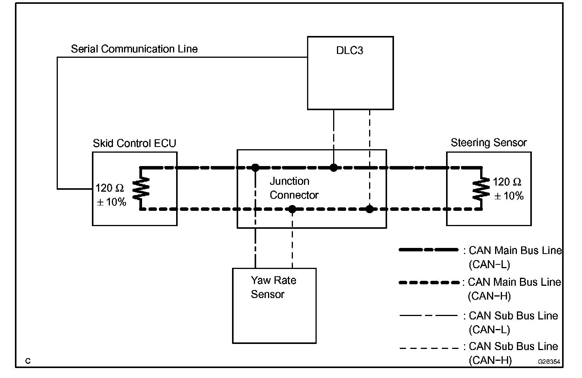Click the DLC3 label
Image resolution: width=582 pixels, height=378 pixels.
[x=349, y=51]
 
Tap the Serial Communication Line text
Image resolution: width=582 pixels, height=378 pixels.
[x=134, y=49]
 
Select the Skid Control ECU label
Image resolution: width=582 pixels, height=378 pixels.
[x=134, y=143]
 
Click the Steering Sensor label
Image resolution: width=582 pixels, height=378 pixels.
[x=489, y=143]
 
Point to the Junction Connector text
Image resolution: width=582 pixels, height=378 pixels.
[x=294, y=188]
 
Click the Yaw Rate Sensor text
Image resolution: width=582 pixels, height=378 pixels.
[x=273, y=287]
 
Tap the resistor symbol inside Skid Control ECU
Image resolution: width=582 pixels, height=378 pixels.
[x=141, y=188]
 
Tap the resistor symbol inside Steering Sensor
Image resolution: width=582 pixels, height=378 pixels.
[x=481, y=189]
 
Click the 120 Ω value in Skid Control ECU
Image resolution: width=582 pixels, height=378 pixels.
[x=110, y=188]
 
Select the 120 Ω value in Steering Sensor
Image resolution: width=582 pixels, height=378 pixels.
[x=507, y=182]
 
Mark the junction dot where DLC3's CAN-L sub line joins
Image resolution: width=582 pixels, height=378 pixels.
[x=334, y=168]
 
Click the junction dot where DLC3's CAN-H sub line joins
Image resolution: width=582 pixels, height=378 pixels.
[x=369, y=209]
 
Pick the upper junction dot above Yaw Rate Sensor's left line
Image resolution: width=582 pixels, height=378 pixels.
[x=255, y=168]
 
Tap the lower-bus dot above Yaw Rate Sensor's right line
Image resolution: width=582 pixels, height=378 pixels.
[x=292, y=209]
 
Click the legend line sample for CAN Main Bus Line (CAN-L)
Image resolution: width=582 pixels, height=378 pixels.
[x=428, y=250]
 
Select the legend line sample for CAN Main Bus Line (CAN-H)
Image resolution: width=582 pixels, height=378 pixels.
[x=428, y=283]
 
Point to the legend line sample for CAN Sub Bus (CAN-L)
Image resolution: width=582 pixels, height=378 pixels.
[x=428, y=316]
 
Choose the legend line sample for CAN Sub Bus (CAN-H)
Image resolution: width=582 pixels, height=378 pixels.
[x=428, y=348]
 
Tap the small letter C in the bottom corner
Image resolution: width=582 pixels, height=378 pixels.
[x=28, y=361]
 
